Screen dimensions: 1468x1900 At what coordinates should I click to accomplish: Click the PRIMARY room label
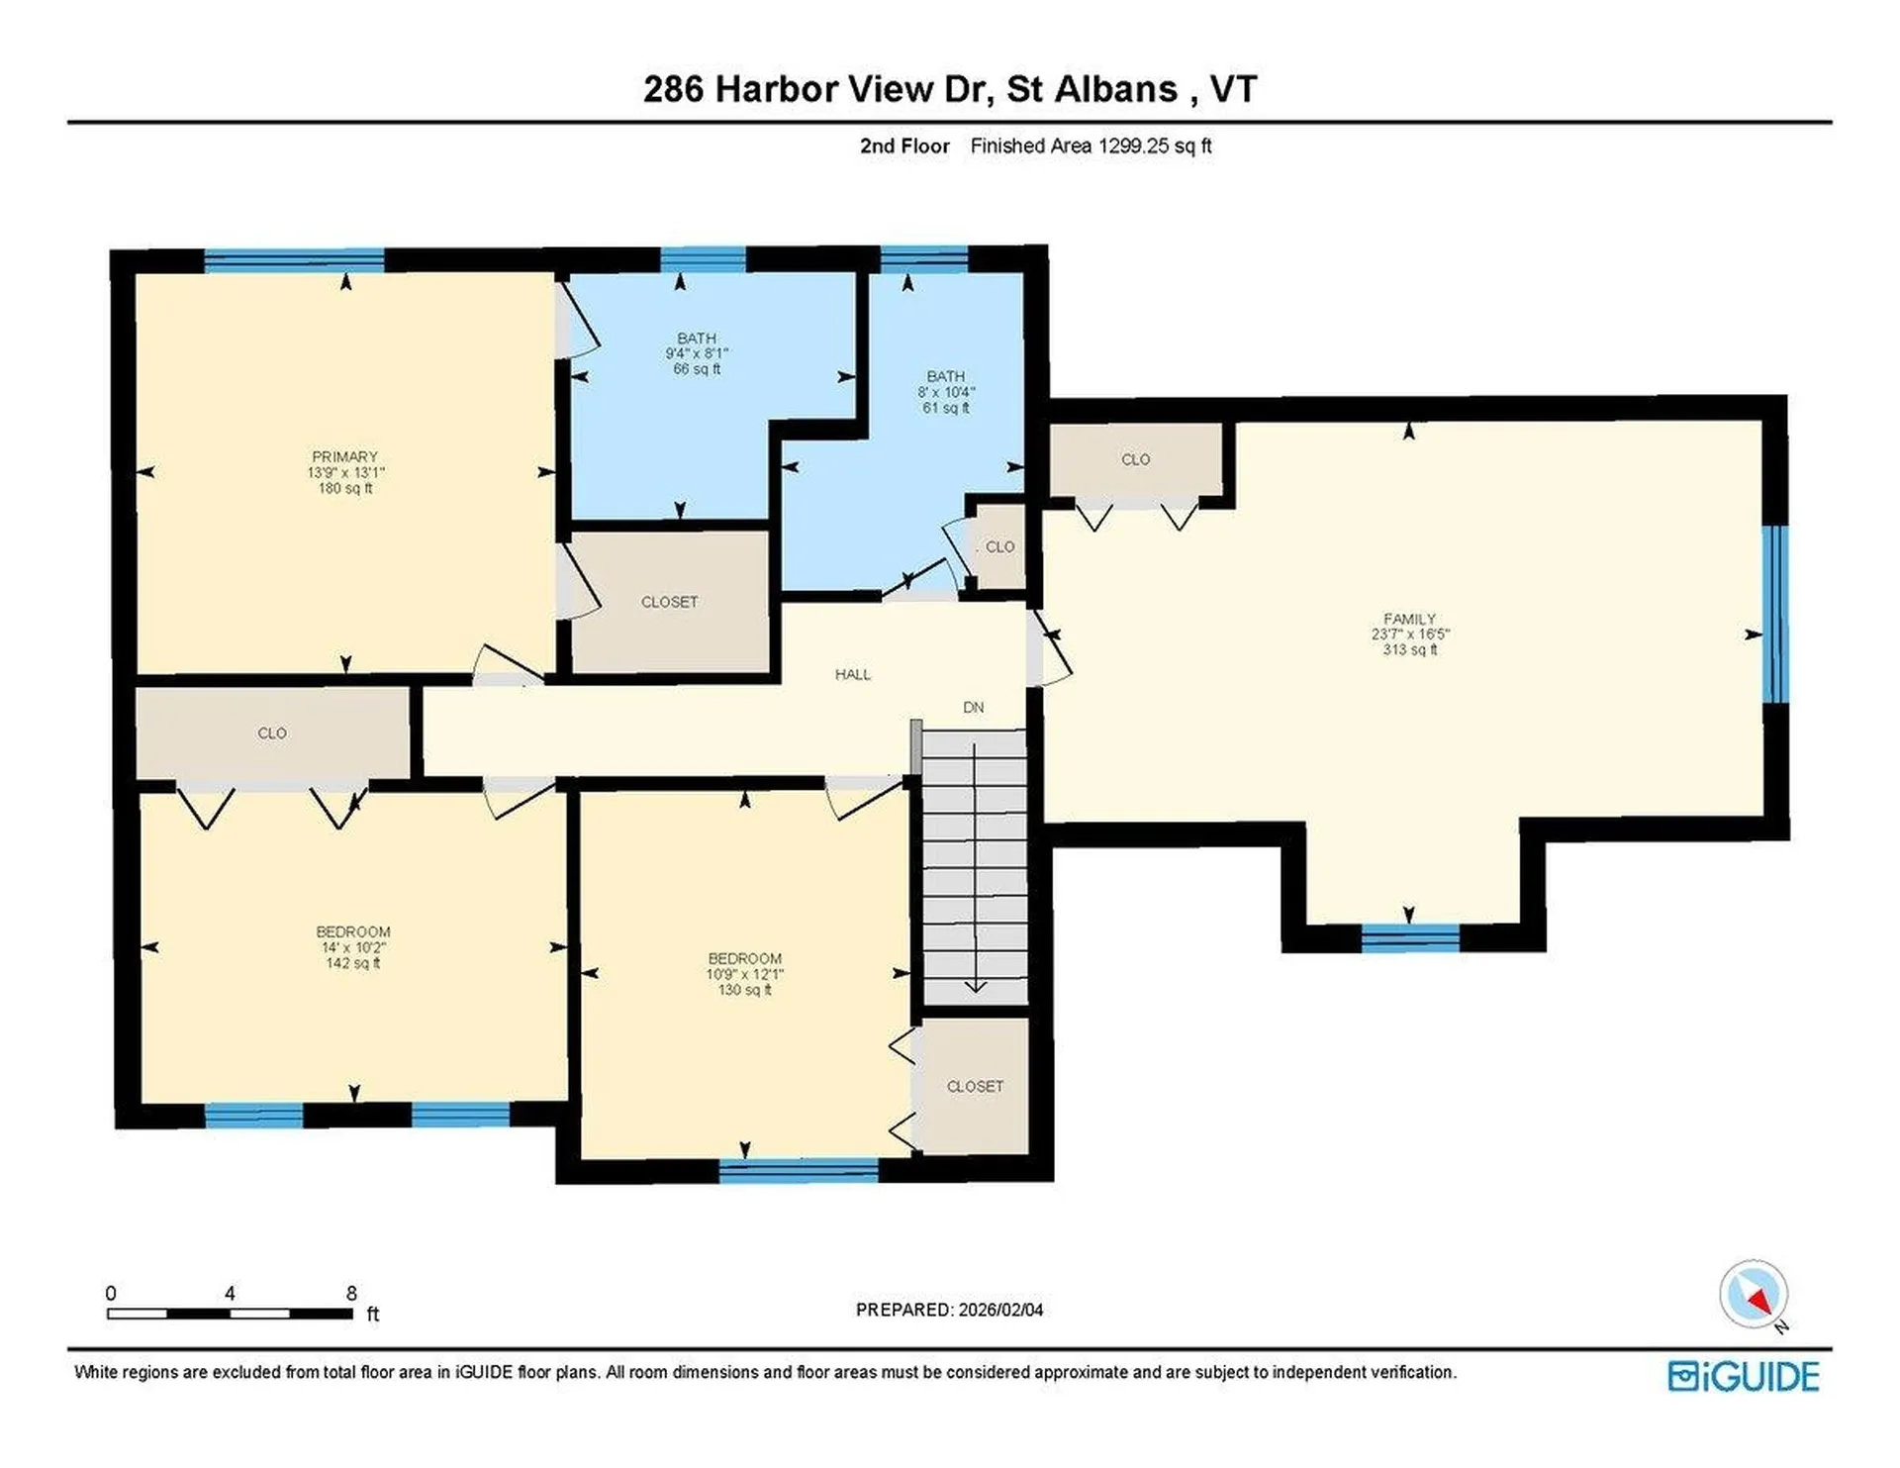coord(344,457)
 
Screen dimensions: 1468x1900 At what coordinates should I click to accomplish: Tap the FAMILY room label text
coord(1408,619)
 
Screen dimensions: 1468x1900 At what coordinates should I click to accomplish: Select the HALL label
coord(852,675)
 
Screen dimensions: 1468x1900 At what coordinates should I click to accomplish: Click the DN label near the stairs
coord(973,708)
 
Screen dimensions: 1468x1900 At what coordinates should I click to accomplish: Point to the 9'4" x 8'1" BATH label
coord(697,352)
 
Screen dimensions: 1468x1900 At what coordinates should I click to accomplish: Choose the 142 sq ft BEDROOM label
coord(353,947)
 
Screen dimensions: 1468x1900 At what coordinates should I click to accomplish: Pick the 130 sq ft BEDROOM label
coord(744,974)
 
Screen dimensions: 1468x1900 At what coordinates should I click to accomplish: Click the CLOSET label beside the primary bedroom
coord(669,602)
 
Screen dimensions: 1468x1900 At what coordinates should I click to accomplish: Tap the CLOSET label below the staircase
coord(975,1087)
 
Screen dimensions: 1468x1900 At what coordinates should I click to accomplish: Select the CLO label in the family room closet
coord(1135,459)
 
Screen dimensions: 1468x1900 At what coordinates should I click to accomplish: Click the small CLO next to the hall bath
coord(999,547)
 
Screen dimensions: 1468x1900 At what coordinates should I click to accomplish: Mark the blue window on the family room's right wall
coord(1776,614)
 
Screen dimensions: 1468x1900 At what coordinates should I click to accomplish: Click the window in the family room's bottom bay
coord(1409,936)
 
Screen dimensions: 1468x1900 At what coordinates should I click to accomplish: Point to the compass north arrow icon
coord(1755,1294)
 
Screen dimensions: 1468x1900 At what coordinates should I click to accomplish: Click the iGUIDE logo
coord(1743,1377)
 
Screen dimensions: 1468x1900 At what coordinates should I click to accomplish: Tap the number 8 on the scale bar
coord(351,1293)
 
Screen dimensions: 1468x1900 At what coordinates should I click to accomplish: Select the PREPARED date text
coord(948,1310)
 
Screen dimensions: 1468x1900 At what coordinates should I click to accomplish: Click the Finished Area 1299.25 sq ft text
coord(1090,147)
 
